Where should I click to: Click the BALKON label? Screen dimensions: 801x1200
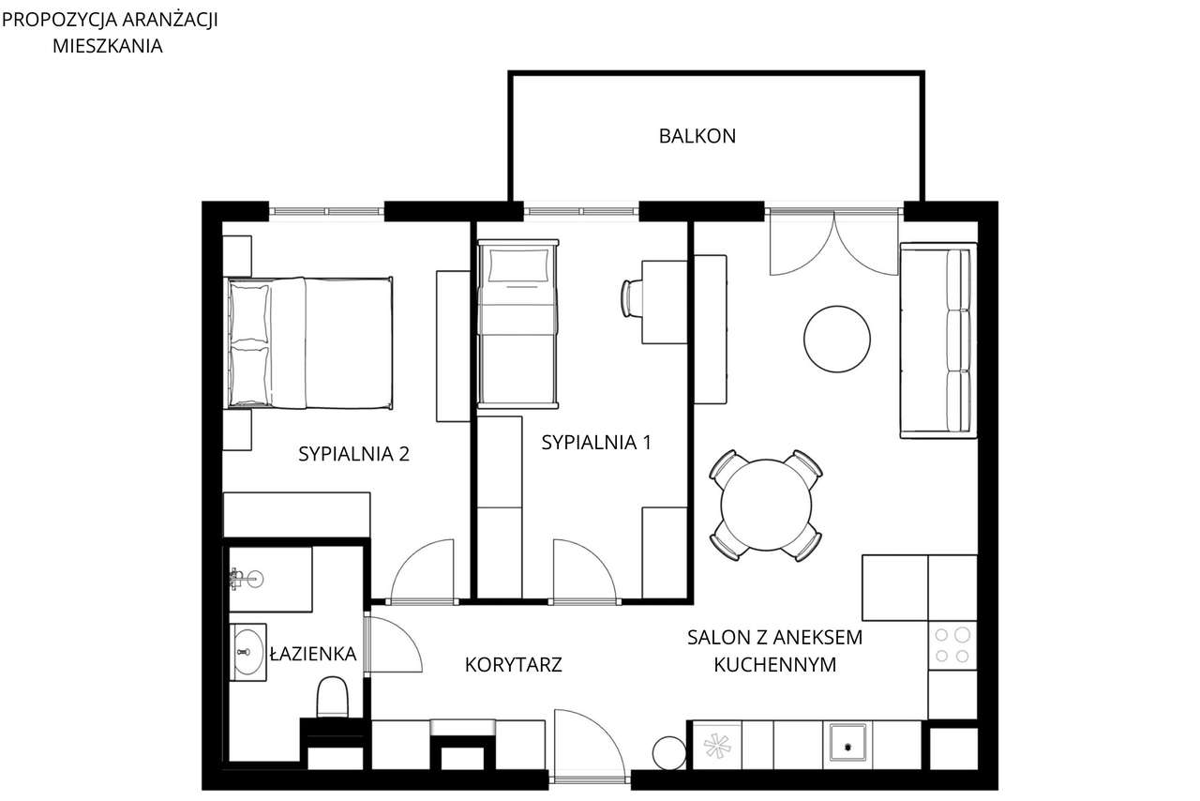click(x=697, y=136)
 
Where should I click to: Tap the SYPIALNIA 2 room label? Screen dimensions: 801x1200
click(x=353, y=454)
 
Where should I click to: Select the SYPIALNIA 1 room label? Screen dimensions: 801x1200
click(x=595, y=443)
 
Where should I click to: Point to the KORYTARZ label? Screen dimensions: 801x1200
click(x=513, y=665)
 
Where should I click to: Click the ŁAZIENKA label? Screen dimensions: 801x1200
click(x=312, y=654)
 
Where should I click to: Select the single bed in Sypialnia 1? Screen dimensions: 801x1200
click(x=517, y=324)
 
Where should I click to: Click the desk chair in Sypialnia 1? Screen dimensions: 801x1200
click(x=631, y=298)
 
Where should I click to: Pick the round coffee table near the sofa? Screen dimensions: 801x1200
click(x=837, y=340)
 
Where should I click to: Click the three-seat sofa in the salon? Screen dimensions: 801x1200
click(x=937, y=340)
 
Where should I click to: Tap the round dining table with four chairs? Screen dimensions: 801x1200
click(x=766, y=505)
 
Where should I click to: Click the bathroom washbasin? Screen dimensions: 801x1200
click(x=248, y=650)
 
